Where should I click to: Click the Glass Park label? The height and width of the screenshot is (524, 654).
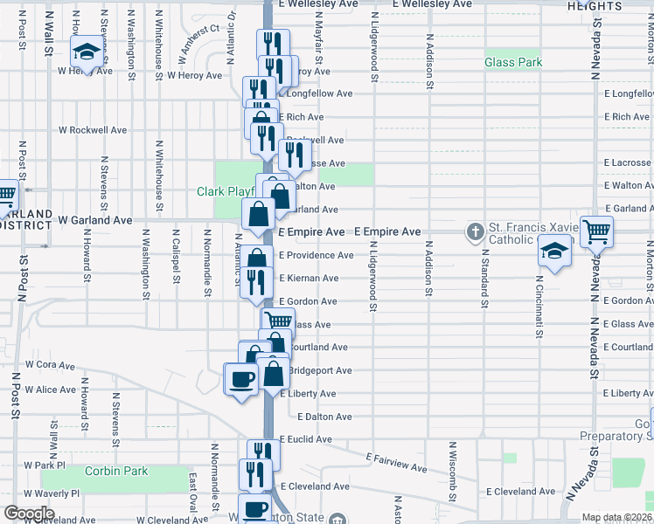point(513,62)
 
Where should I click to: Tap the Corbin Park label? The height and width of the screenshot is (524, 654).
point(116,472)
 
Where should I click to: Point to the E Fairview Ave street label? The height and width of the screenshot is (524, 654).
point(398,462)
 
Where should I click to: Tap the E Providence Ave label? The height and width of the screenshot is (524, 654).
point(316,255)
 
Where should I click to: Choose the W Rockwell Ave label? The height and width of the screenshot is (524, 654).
point(92,130)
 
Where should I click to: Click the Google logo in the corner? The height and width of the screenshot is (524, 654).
point(29,514)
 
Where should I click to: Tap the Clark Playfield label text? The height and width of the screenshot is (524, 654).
point(225,191)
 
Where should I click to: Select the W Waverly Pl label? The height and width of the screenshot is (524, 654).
point(52,493)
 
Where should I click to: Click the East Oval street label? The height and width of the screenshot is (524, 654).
point(192,493)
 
